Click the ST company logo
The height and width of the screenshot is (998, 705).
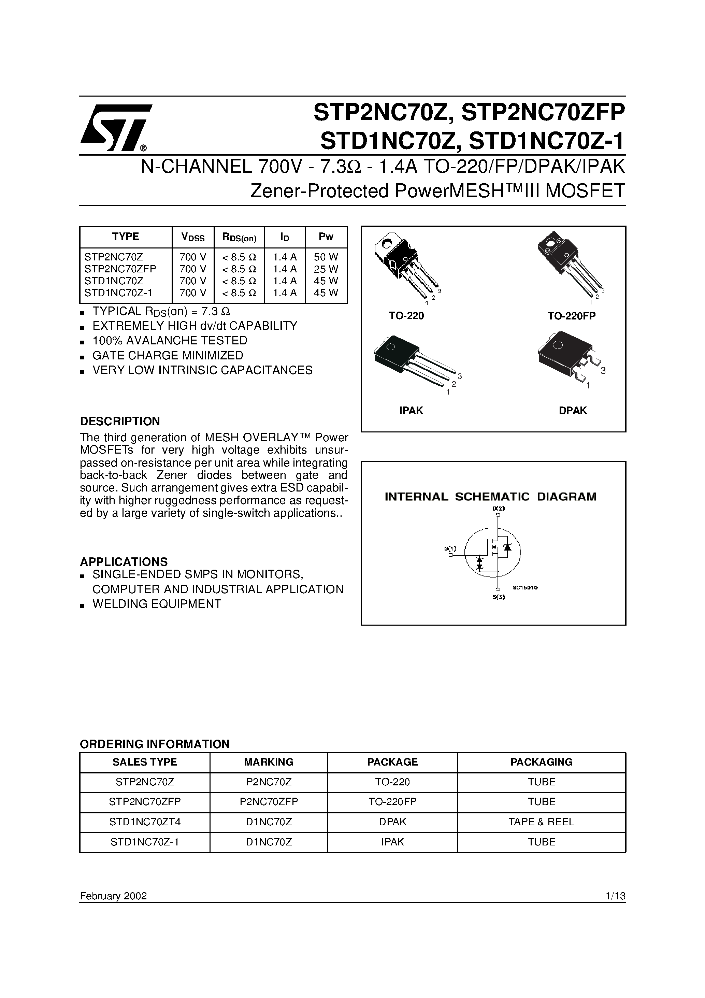[115, 127]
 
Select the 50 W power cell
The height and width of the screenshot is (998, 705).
[326, 256]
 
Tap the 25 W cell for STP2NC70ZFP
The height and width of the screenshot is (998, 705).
[326, 269]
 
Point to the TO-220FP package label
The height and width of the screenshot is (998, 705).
[571, 316]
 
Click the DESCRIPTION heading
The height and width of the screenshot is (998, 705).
[120, 421]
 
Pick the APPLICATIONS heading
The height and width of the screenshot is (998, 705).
[124, 561]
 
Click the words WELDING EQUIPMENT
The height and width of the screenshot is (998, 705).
[157, 604]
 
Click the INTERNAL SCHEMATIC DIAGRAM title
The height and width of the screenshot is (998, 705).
[491, 497]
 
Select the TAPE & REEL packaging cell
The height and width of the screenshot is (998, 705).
[541, 822]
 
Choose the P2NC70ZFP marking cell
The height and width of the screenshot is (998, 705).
[269, 801]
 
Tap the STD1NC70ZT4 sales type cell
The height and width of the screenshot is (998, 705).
[145, 822]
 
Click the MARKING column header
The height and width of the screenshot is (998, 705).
[269, 762]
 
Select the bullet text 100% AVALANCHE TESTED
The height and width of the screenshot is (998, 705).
[170, 340]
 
